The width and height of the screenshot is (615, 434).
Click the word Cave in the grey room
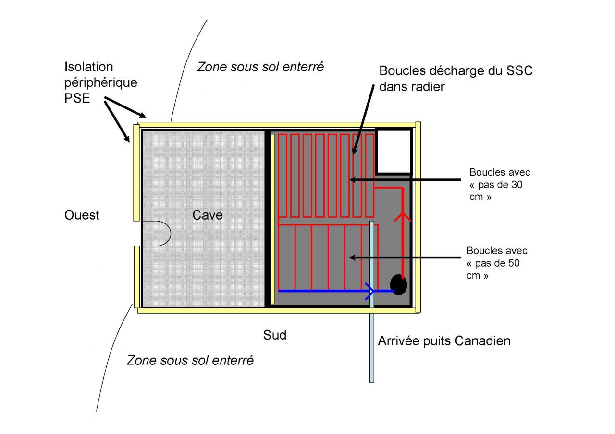click(x=208, y=215)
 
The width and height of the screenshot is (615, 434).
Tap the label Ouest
click(x=82, y=215)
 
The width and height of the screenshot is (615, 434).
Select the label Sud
click(x=275, y=335)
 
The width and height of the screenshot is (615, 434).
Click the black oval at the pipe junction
click(x=398, y=284)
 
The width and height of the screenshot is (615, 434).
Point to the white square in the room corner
click(x=394, y=152)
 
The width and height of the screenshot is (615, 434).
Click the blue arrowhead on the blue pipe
click(x=370, y=290)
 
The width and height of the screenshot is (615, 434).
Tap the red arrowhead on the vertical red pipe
click(x=403, y=217)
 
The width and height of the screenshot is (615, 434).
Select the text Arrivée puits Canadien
click(x=444, y=341)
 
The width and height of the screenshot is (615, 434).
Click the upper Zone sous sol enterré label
click(x=260, y=67)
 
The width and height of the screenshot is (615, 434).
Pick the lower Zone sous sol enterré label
click(x=190, y=360)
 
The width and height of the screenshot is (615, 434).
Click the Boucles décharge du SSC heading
click(x=456, y=71)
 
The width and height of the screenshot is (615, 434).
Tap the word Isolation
click(x=88, y=67)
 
